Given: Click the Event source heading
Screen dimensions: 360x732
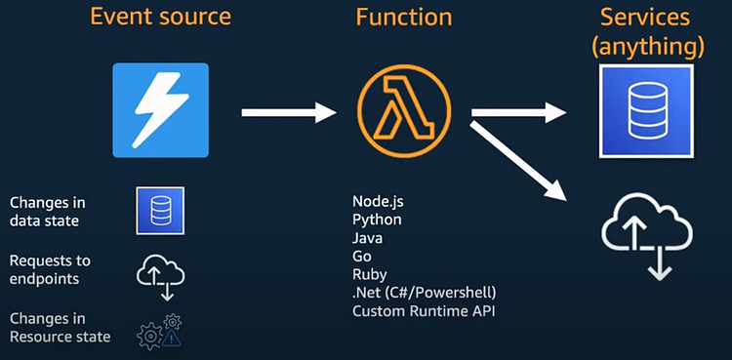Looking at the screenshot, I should (x=160, y=19).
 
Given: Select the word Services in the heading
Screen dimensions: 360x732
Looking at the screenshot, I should (x=645, y=19).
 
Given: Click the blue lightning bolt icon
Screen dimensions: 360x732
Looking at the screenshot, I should (x=160, y=110).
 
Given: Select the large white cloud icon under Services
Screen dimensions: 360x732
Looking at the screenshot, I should (x=646, y=233).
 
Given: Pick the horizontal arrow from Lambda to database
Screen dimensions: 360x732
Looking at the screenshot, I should (x=518, y=113).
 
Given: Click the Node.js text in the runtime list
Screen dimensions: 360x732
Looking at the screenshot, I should (x=378, y=201).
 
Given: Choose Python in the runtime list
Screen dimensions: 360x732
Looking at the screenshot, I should (x=377, y=220).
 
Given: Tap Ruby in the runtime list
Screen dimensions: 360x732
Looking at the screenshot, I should (x=370, y=274).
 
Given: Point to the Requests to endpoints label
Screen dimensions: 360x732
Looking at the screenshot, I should (x=50, y=269).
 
